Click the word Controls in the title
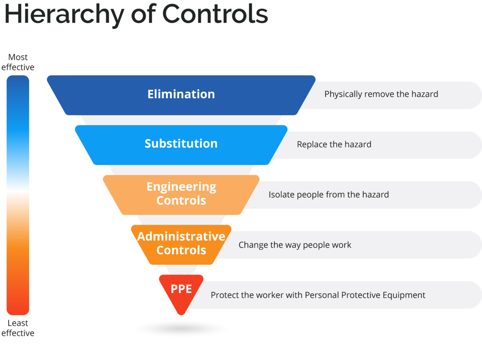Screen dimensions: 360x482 pos(215,14)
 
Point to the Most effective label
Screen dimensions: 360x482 pos(18,62)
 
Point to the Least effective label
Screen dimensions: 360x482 pos(18,328)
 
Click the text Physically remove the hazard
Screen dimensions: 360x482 pos(381,94)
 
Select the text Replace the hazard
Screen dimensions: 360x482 pos(334,144)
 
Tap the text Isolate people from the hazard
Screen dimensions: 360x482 pos(328,194)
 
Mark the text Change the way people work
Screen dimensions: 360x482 pos(295,245)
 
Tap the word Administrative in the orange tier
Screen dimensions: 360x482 pos(181,236)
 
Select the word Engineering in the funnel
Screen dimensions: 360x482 pos(181,187)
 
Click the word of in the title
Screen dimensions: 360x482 pos(143,14)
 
